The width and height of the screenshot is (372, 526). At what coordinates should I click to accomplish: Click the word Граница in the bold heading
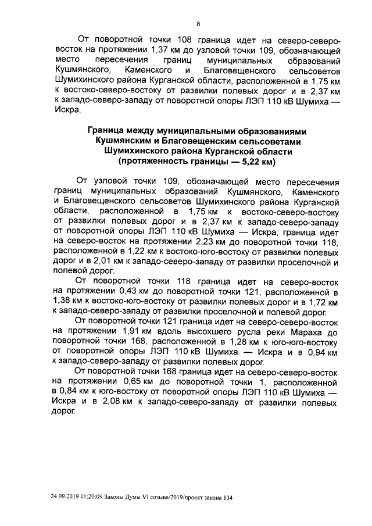point(109,132)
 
